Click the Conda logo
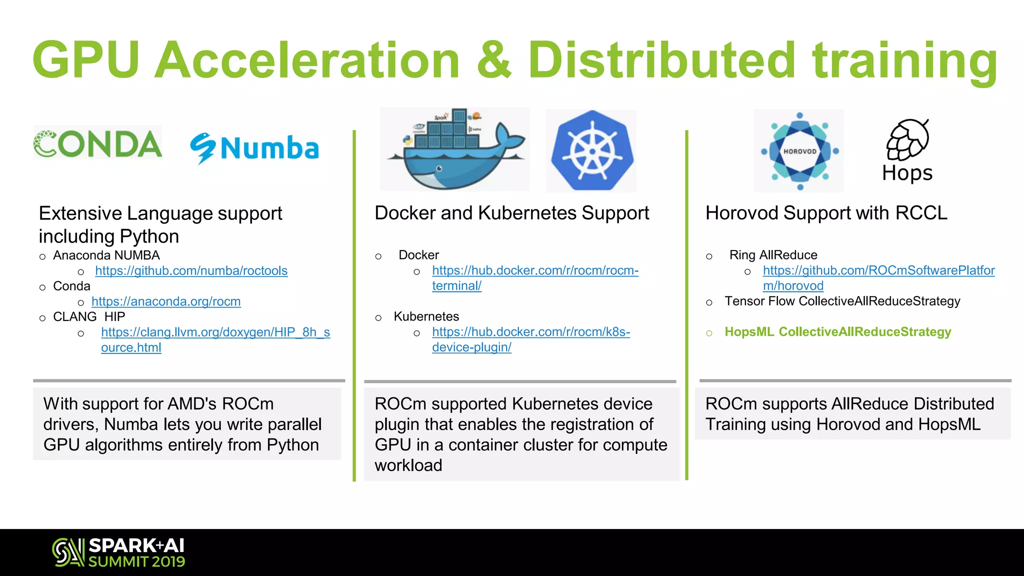[97, 143]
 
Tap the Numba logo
[254, 148]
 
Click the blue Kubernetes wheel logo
[591, 151]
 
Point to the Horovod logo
[799, 151]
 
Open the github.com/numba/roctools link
[191, 270]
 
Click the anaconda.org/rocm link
[166, 301]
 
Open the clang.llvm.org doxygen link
[215, 332]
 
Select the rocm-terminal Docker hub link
[535, 270]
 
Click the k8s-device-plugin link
[530, 332]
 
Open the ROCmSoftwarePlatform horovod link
[878, 270]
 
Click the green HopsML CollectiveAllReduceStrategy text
[837, 332]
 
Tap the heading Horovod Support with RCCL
[826, 213]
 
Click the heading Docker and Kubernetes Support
[511, 213]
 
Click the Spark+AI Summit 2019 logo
[119, 552]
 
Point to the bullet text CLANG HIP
[89, 316]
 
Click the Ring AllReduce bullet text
[773, 255]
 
